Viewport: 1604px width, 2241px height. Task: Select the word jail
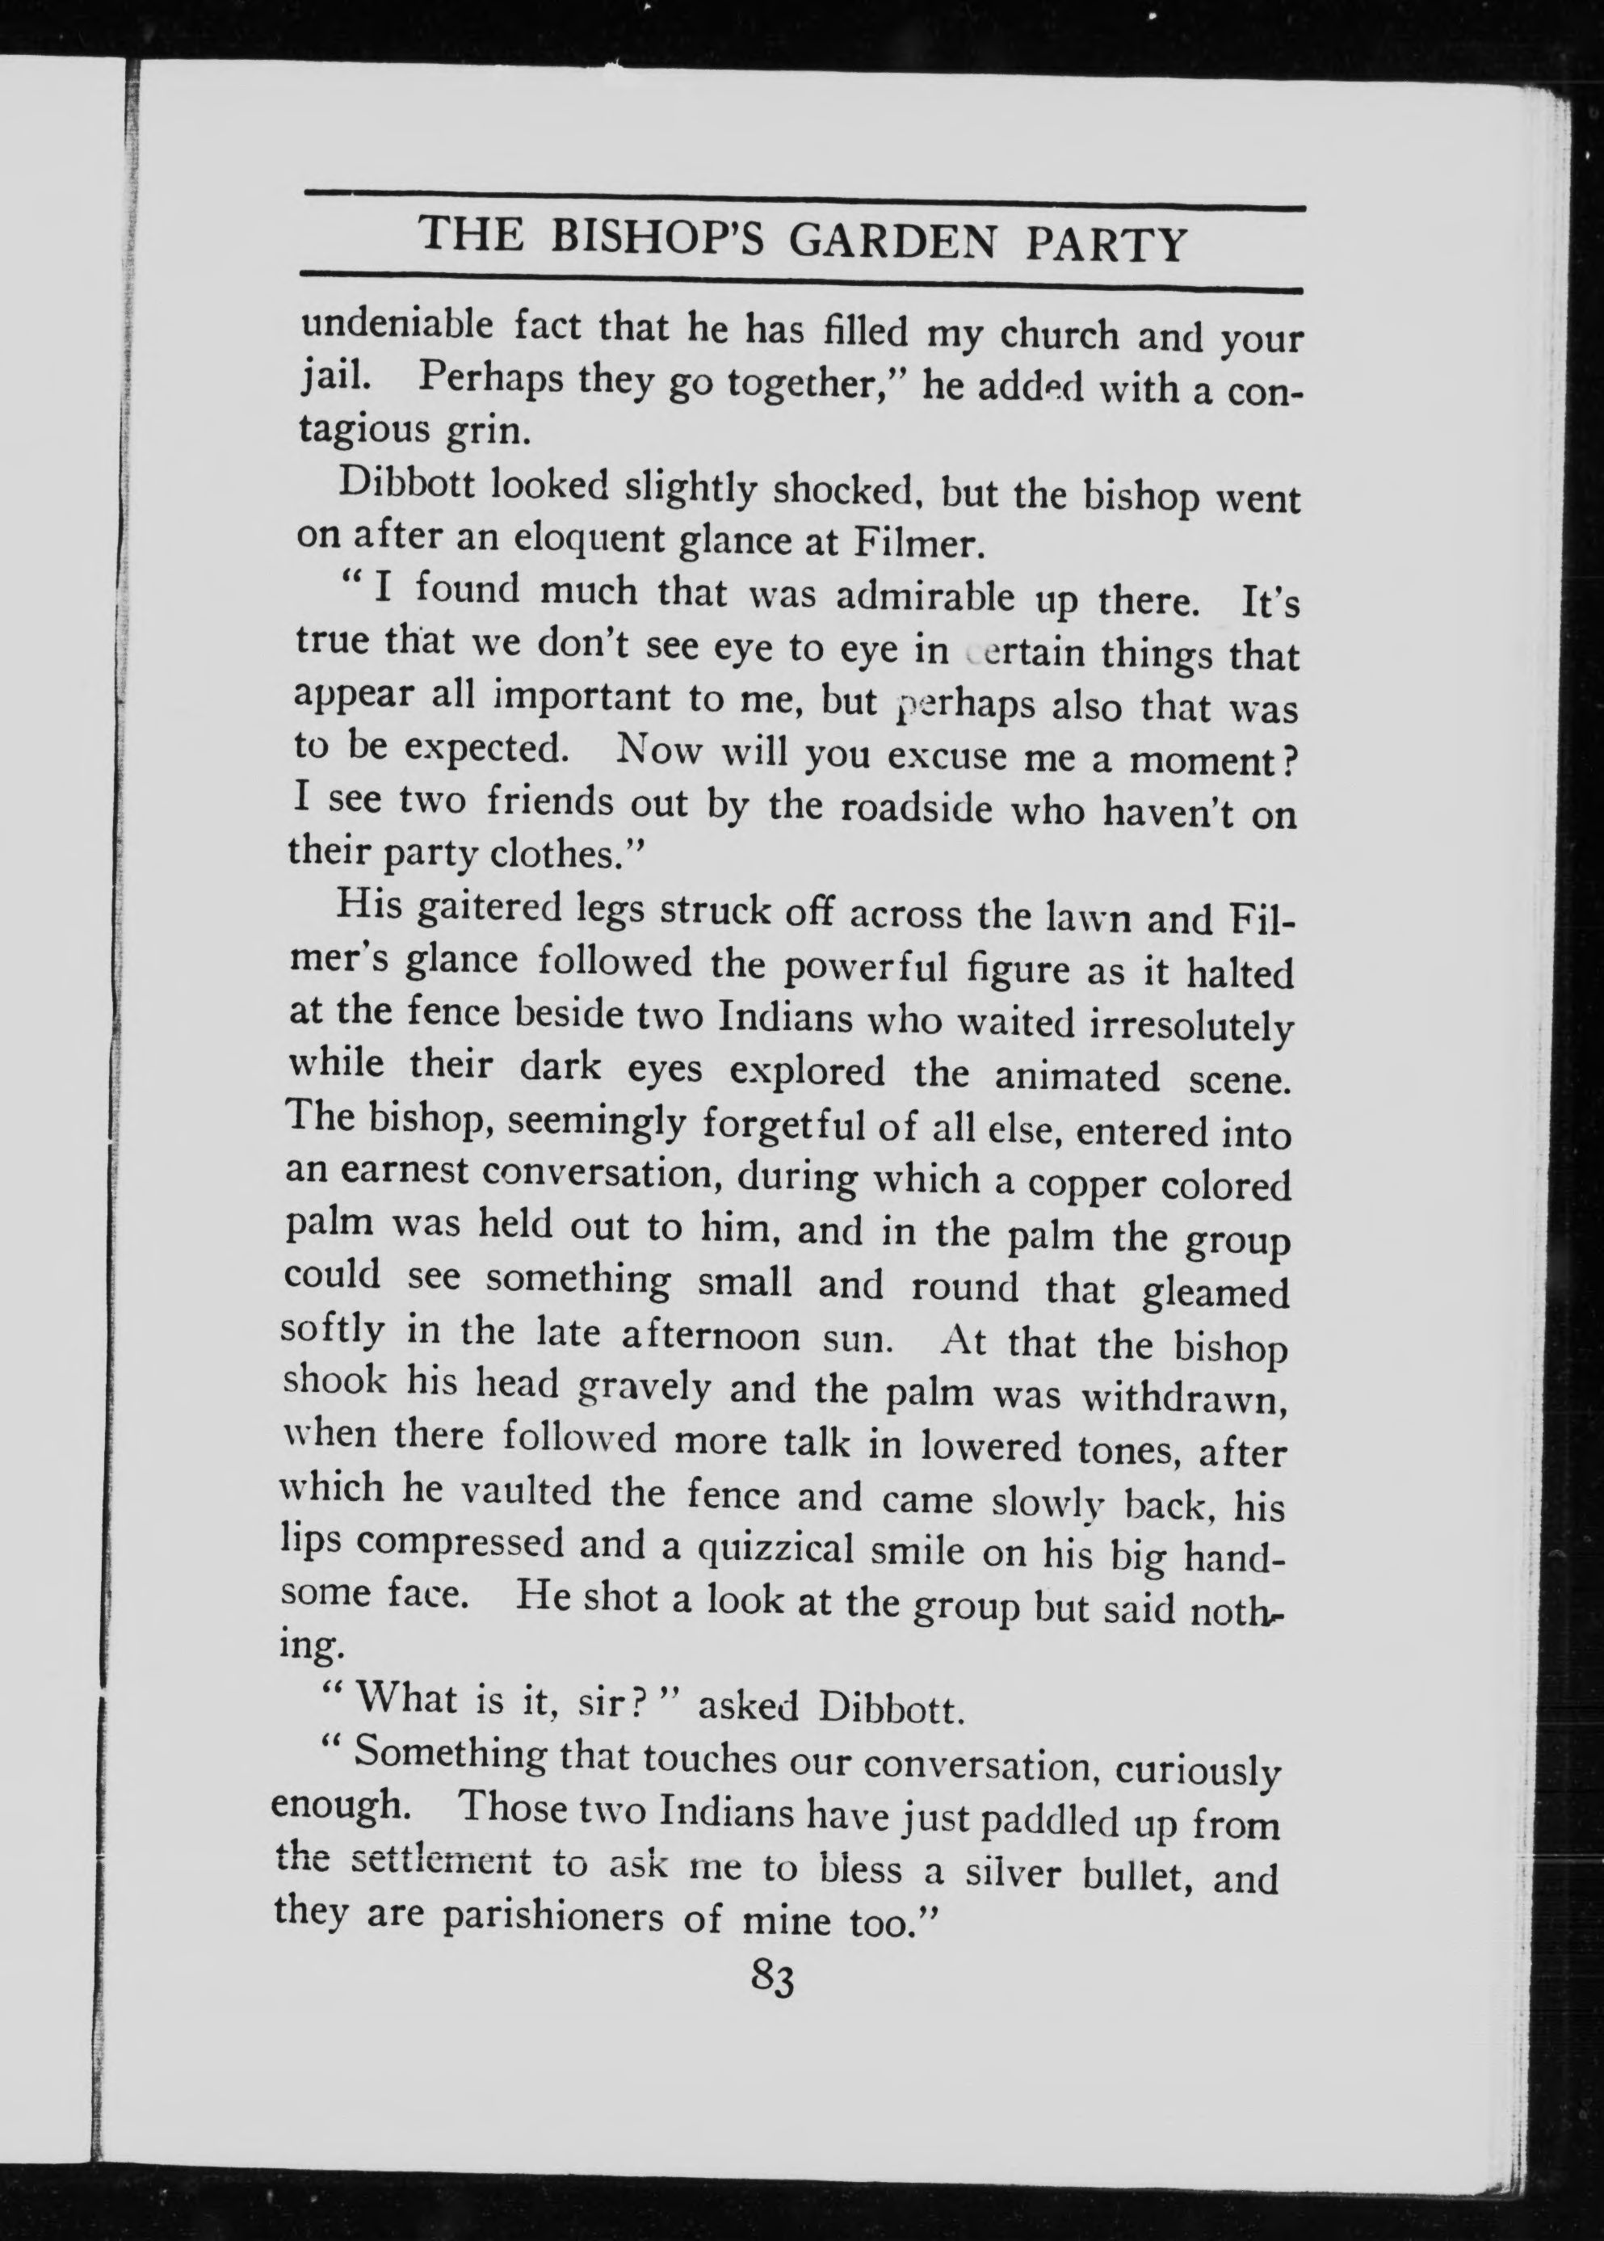point(331,376)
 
